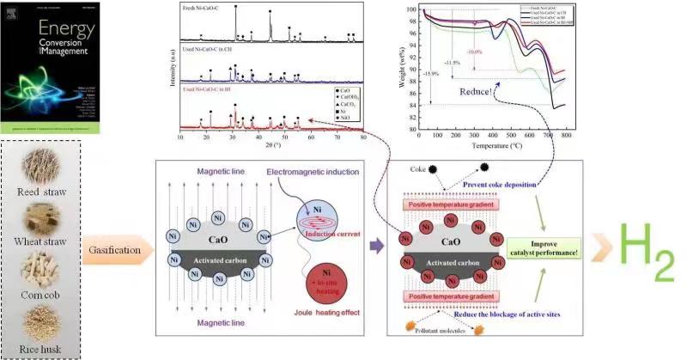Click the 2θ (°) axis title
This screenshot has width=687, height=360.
click(271, 144)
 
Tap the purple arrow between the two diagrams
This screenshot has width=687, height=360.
click(376, 247)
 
